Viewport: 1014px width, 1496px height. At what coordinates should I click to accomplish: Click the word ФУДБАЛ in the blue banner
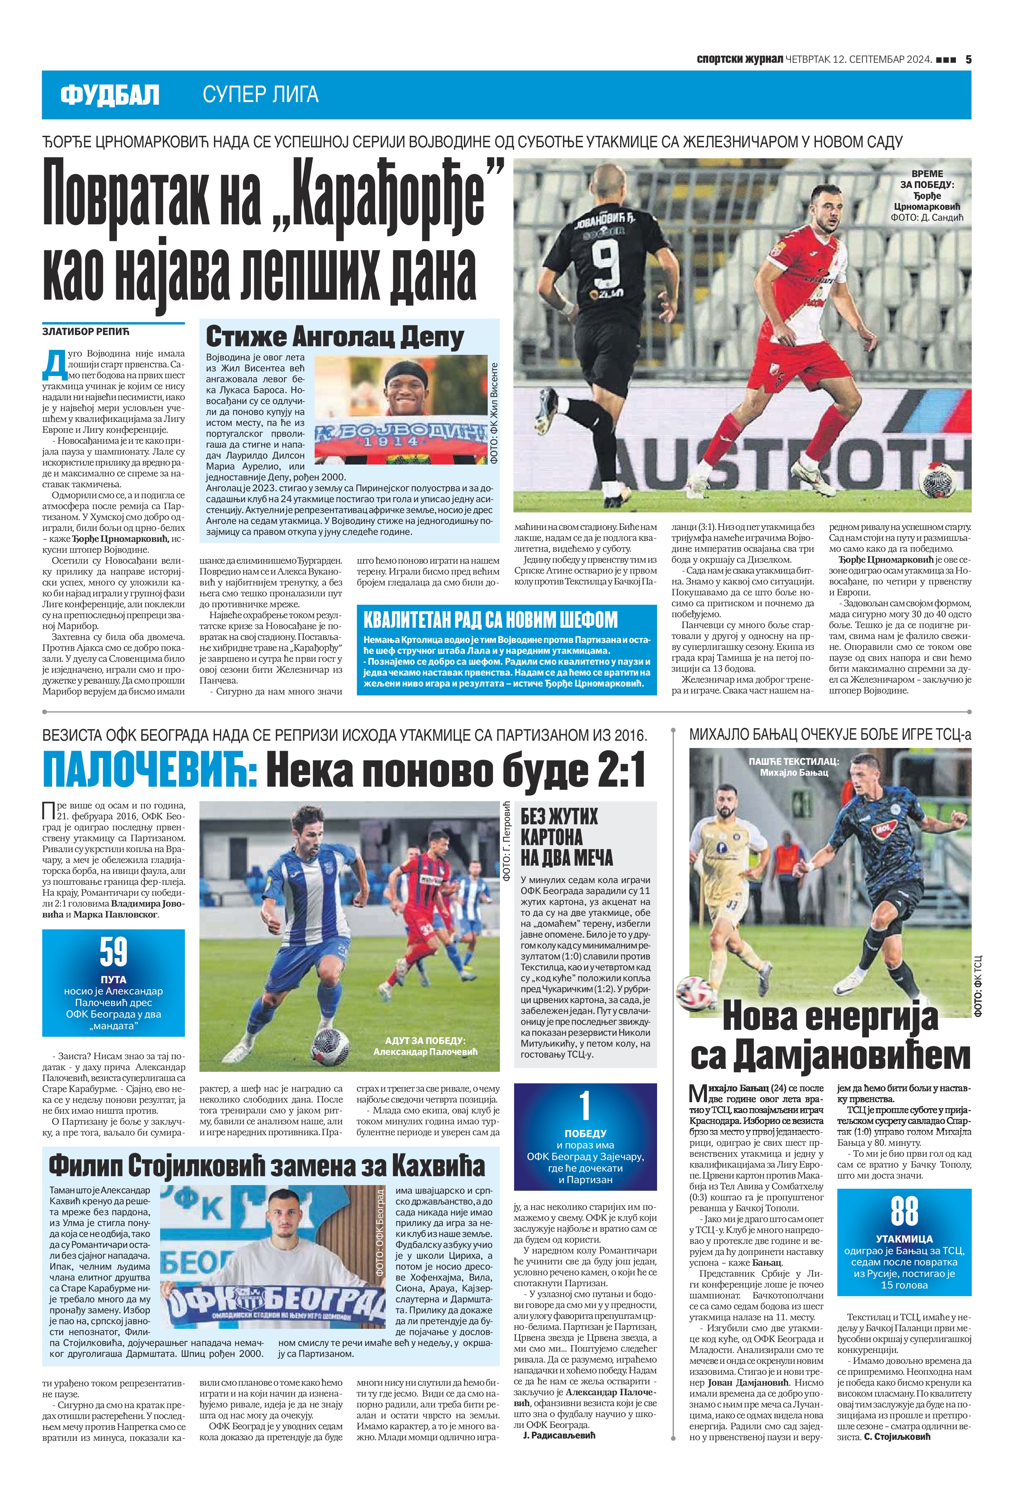click(x=109, y=95)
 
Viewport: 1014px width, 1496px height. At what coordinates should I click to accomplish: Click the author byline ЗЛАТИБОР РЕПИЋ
click(x=86, y=332)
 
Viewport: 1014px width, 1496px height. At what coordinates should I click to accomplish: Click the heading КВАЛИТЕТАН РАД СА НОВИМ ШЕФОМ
click(x=490, y=620)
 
